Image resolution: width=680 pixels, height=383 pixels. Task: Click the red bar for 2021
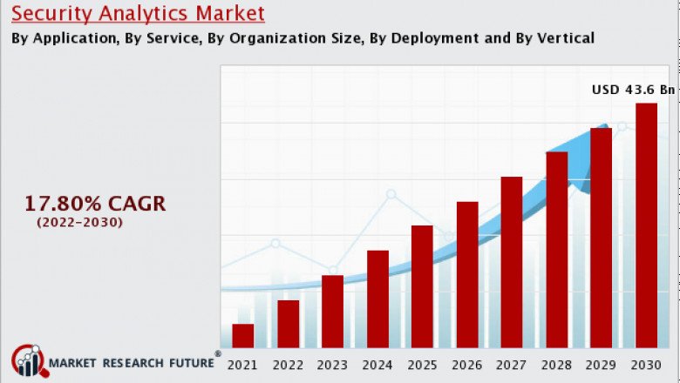(243, 336)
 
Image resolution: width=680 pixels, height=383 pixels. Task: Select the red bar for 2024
(377, 299)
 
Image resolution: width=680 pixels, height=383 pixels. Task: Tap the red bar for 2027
(512, 262)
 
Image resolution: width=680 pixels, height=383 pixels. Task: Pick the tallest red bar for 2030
(646, 225)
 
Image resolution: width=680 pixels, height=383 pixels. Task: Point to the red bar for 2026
(467, 274)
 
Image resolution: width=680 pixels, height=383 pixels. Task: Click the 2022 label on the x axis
(288, 365)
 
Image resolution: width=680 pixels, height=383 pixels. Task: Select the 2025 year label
(422, 365)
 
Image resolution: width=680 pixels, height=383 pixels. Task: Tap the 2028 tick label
(556, 365)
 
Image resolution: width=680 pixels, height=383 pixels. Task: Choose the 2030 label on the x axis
(646, 365)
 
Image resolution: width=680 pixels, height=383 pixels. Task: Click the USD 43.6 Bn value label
(633, 90)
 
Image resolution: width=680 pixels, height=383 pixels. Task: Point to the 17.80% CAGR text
(94, 204)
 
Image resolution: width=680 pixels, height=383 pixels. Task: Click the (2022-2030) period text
(79, 223)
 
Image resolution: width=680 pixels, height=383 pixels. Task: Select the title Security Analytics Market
(138, 14)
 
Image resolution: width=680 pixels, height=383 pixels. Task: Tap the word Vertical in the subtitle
(564, 38)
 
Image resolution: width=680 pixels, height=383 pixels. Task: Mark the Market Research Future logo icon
(28, 360)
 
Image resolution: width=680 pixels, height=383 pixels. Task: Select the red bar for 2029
(601, 238)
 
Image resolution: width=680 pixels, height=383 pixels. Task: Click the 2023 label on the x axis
(332, 365)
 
